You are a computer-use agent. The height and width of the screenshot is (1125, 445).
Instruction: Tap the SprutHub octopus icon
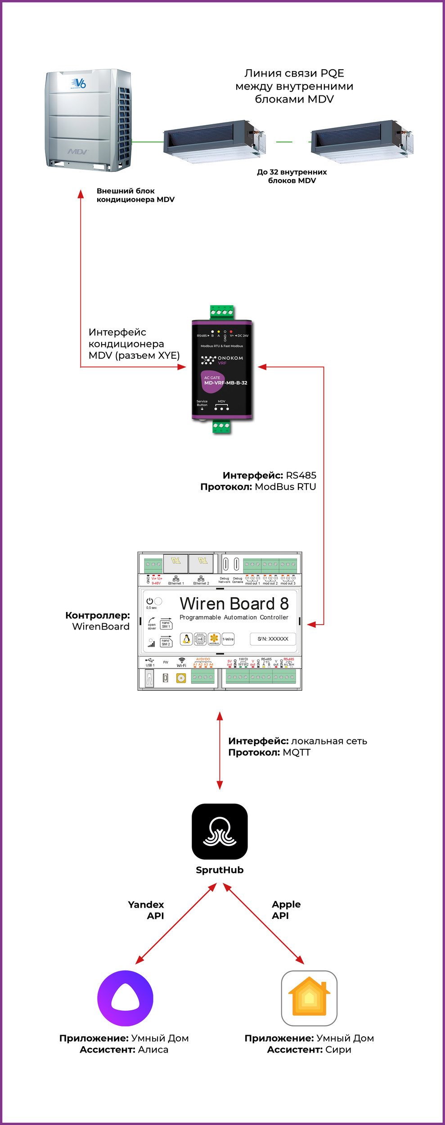pos(220,831)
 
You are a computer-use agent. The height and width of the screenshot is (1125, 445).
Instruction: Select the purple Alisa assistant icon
pos(125,998)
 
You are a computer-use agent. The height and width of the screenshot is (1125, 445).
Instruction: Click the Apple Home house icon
pos(309,998)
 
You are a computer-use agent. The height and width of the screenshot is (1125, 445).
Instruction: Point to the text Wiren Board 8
pos(234,603)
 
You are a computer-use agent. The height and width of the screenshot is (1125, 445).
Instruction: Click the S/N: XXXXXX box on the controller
pos(273,639)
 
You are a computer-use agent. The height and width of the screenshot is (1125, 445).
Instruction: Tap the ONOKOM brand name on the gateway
pos(230,358)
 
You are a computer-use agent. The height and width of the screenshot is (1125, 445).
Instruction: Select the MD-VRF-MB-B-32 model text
pos(225,383)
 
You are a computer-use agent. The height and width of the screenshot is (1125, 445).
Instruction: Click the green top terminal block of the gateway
pos(222,312)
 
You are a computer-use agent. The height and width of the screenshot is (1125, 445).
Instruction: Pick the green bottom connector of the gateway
pos(221,426)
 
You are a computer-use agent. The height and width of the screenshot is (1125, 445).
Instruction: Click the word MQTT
pos(297,752)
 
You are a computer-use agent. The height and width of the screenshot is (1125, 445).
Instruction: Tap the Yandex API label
pos(146,910)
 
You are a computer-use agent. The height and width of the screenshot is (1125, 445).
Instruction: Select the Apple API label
pos(286,910)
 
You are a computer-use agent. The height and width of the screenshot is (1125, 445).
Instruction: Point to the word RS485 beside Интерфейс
pos(301,475)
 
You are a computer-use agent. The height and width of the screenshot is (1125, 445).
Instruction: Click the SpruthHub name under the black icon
pos(220,870)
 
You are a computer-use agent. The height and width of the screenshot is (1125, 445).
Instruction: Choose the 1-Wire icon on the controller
pos(228,639)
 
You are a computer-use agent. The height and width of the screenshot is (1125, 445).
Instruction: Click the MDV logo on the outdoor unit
pos(78,152)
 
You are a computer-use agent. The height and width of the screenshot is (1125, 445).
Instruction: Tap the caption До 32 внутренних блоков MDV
pos(292,176)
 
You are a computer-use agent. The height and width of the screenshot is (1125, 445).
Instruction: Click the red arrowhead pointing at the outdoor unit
pos(81,194)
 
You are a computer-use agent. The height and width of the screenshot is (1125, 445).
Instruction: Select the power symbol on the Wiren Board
pos(149,601)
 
